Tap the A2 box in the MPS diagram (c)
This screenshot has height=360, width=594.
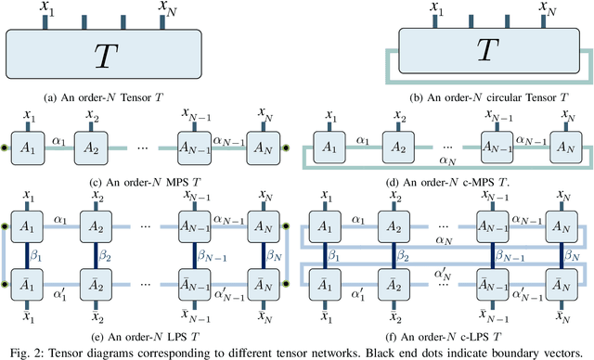pyautogui.click(x=93, y=148)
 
